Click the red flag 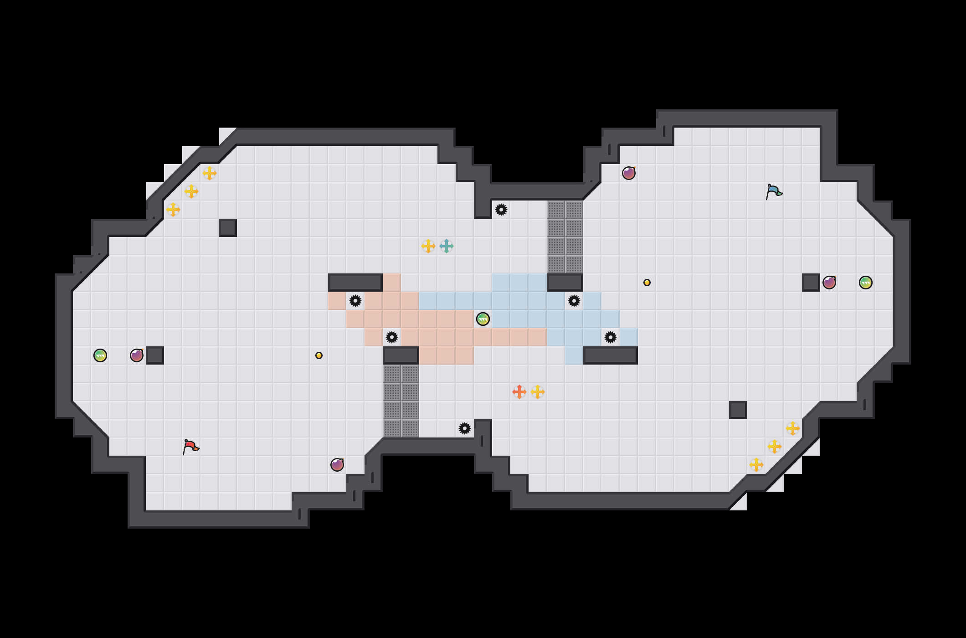191,447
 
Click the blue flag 774,191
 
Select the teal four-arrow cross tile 447,246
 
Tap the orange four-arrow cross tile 519,392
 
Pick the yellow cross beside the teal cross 428,246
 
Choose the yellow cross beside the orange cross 538,392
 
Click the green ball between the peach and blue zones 483,319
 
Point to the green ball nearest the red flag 100,355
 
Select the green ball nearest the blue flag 866,283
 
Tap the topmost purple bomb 629,173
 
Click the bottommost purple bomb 337,465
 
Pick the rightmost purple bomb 829,283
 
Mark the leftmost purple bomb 137,355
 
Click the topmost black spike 501,210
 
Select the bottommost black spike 465,428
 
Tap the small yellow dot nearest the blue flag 647,283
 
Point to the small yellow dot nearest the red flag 319,355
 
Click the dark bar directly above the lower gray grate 401,355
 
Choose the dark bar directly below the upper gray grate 565,283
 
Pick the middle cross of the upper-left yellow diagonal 191,191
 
